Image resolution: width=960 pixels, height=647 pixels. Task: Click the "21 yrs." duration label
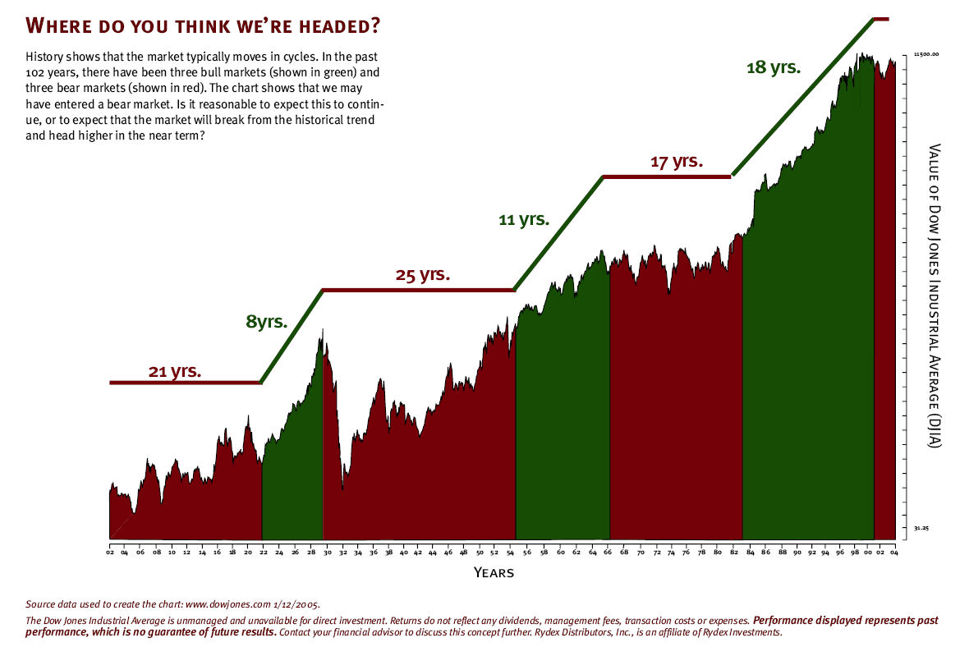(x=175, y=371)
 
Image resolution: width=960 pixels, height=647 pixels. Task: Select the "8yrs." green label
(x=267, y=321)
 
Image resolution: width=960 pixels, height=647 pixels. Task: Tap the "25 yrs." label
(x=423, y=275)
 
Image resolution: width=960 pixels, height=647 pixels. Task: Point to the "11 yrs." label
(x=523, y=220)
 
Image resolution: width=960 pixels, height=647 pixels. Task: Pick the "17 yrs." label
(x=677, y=162)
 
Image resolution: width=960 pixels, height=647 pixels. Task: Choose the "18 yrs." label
(x=773, y=67)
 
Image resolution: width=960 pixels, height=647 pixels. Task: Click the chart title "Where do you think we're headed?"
(x=204, y=25)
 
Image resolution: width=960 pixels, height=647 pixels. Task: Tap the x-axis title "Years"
(x=494, y=572)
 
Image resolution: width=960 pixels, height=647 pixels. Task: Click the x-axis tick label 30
(x=326, y=553)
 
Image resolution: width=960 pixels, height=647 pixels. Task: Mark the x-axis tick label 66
(x=609, y=553)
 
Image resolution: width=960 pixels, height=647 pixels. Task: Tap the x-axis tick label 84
(x=750, y=553)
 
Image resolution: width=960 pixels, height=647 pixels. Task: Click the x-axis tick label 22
(x=264, y=553)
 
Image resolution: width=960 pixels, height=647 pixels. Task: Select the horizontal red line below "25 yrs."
(x=418, y=290)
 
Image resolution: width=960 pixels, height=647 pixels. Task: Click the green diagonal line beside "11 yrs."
(x=559, y=232)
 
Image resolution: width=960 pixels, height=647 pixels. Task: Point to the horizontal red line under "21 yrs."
(x=185, y=383)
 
